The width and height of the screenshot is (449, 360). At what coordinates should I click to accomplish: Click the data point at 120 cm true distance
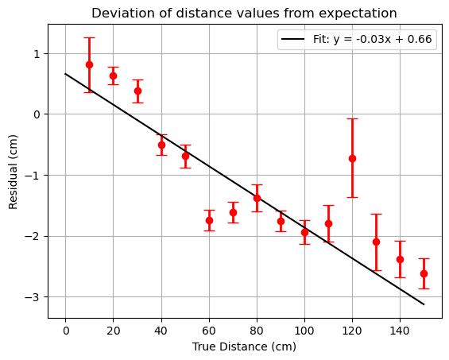(352, 158)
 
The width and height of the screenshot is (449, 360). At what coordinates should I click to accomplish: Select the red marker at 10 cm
(89, 65)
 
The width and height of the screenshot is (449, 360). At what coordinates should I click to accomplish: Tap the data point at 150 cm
(424, 274)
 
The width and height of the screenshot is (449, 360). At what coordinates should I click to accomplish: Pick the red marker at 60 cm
(209, 220)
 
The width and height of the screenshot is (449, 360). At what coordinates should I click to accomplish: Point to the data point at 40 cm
(161, 145)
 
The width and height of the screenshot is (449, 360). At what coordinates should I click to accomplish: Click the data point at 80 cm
(257, 198)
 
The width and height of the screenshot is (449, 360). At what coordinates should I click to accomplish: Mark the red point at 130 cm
(376, 242)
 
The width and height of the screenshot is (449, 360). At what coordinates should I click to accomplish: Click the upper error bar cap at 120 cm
(352, 119)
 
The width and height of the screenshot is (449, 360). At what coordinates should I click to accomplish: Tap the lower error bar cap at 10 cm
(89, 92)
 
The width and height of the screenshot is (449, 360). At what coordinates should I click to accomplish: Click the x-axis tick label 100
(304, 331)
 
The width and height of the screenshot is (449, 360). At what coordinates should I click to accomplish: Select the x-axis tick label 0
(66, 331)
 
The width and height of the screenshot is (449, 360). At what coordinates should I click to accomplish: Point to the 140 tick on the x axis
(400, 331)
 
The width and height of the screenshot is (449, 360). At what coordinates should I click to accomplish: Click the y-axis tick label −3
(33, 297)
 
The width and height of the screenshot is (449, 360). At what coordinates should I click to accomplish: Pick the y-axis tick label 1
(37, 54)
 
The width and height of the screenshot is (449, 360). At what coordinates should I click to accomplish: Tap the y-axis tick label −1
(33, 176)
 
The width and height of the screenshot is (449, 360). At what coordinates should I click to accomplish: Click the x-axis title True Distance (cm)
(244, 346)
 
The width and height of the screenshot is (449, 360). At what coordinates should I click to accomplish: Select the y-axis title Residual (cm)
(13, 172)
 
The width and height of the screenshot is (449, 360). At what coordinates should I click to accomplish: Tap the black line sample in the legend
(292, 39)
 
